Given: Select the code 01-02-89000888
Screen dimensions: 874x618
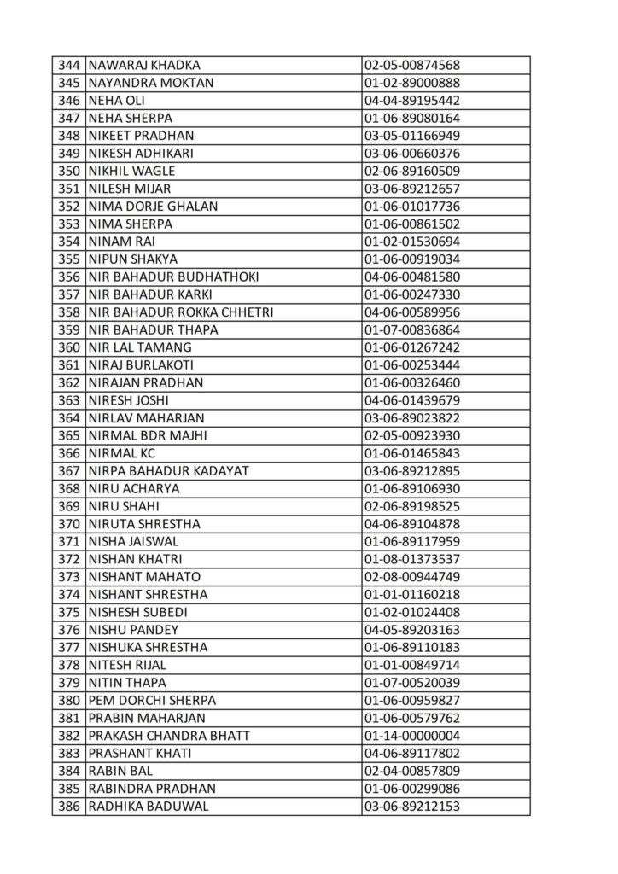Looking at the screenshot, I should pos(412,83).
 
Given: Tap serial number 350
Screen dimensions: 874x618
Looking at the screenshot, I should pos(68,171).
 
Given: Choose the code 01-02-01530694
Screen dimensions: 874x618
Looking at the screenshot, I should pos(412,242).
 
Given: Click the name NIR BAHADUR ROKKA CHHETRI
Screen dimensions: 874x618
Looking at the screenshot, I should pos(180,312).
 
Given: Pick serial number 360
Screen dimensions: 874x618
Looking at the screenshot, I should pos(68,347).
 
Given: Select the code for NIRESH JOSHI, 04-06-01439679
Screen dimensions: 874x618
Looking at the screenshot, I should pos(412,400).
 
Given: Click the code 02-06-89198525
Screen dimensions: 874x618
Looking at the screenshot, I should pos(412,506).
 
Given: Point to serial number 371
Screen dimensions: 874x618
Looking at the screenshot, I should pos(68,541).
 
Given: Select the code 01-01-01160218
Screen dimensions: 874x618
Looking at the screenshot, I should pos(412,594).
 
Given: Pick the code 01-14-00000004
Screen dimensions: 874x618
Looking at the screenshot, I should pos(412,735).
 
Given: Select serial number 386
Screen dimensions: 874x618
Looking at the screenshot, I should pos(68,806).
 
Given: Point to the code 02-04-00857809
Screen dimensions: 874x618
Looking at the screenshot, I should pos(412,771).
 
